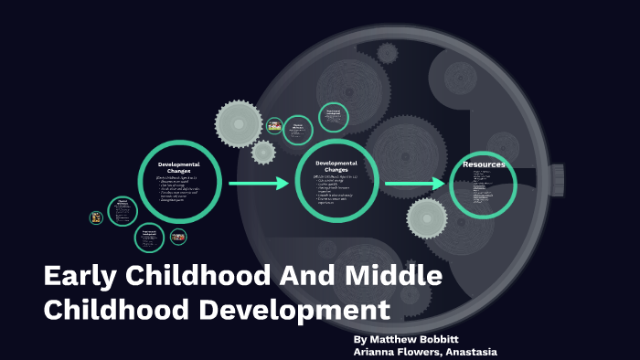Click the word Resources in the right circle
tap(484, 164)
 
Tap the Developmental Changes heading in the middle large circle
tap(336, 166)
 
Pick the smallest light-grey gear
tap(263, 152)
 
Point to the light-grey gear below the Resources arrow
tap(427, 218)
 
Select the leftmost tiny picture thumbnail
tap(96, 217)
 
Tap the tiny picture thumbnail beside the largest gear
tap(273, 123)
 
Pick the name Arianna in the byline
tap(379, 353)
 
